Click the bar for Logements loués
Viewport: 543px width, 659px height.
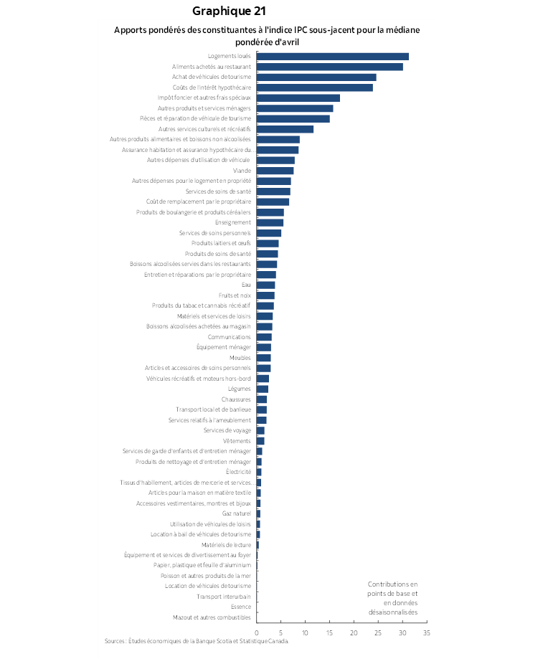[x=332, y=56]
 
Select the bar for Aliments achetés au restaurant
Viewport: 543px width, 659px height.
[x=329, y=67]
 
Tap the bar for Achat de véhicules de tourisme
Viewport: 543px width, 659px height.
[x=316, y=77]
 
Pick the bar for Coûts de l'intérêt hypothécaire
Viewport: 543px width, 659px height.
[x=314, y=87]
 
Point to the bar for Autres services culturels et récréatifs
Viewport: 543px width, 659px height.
[x=285, y=129]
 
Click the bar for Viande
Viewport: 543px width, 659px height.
[x=275, y=171]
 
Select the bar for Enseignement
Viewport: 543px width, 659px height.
[x=270, y=222]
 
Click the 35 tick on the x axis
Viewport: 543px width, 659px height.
[x=426, y=633]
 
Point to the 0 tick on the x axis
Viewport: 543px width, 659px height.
[x=257, y=633]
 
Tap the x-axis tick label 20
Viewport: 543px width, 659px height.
[x=354, y=633]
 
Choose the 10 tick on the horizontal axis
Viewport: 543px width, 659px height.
[x=305, y=633]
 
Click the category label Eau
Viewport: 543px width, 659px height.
[x=246, y=285]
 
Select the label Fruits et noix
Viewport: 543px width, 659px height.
[x=235, y=295]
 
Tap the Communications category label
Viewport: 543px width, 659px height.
[x=230, y=337]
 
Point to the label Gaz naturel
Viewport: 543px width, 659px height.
[x=237, y=513]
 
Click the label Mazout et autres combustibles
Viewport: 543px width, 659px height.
[x=212, y=617]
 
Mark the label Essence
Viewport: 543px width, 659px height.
[x=241, y=607]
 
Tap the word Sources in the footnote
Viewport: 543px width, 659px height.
[x=115, y=641]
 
